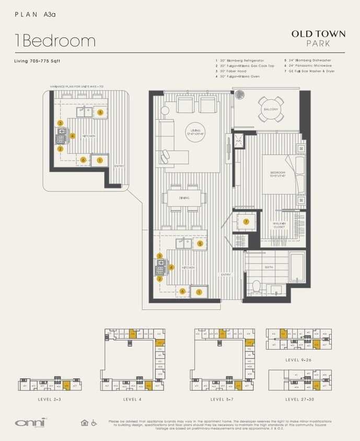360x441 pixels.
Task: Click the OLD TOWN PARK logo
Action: pyautogui.click(x=318, y=38)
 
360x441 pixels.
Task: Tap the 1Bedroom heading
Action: pyautogui.click(x=55, y=41)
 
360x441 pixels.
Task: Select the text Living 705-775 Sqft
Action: pyautogui.click(x=37, y=61)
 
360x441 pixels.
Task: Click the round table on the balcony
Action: pyautogui.click(x=271, y=109)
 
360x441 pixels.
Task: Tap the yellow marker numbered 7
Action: pyautogui.click(x=246, y=222)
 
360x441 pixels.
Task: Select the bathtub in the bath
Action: pyautogui.click(x=297, y=266)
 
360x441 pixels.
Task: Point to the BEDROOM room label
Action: pyautogui.click(x=277, y=173)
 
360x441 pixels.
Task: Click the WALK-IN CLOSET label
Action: pyautogui.click(x=280, y=225)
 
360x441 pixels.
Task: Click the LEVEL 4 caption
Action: pyautogui.click(x=133, y=399)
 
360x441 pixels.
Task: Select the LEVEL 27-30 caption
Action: pyautogui.click(x=299, y=399)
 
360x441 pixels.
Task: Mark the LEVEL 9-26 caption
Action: pyautogui.click(x=299, y=360)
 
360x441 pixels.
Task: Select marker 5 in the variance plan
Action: pyautogui.click(x=100, y=112)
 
